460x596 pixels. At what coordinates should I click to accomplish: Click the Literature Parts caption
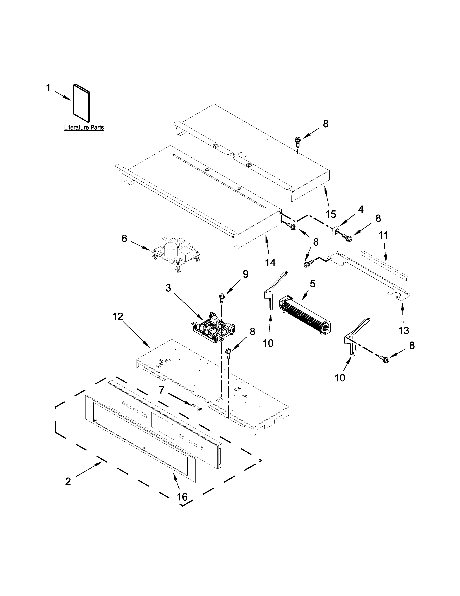(x=84, y=128)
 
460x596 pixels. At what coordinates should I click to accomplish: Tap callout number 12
(x=118, y=317)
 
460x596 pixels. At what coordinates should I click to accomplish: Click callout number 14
(x=270, y=263)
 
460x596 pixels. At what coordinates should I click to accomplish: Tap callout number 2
(x=68, y=481)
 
